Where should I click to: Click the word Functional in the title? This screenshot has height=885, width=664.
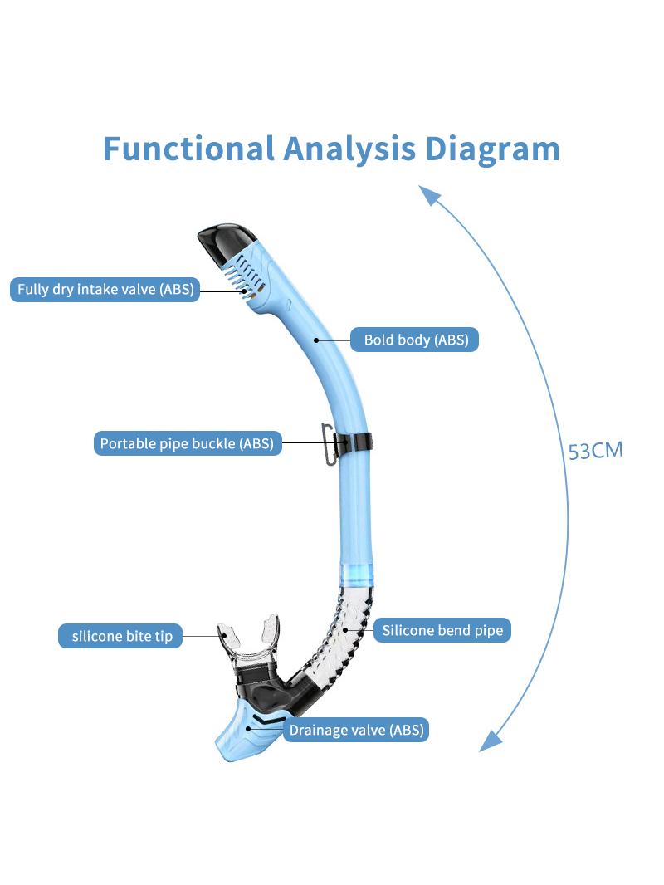188,149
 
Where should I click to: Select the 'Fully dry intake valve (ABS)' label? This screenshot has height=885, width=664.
105,289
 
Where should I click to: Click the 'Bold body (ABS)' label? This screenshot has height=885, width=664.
415,340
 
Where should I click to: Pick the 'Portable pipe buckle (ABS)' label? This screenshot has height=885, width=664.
188,443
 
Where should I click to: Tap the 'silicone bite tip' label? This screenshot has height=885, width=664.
120,636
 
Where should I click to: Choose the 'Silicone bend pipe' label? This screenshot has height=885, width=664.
442,630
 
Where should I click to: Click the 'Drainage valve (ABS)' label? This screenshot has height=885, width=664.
356,730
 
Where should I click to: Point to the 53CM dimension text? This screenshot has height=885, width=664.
595,451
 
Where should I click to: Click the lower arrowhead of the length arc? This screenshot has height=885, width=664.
490,741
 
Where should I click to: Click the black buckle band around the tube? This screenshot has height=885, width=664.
355,442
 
